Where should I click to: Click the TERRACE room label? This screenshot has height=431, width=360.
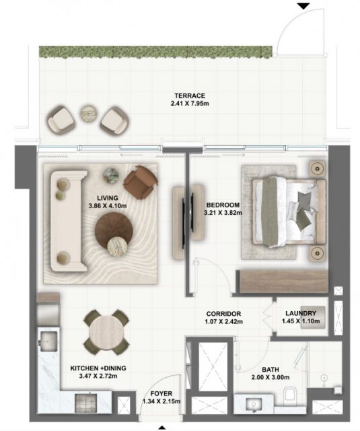pos(190,96)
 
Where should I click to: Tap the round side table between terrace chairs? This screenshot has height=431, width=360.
pos(89,113)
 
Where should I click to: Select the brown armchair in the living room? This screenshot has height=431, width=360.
pos(141,182)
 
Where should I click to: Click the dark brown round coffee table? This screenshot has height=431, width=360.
pos(114,230)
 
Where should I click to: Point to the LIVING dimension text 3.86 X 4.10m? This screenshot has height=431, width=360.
pos(108,205)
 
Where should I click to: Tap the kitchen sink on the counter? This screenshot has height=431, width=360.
pos(49,341)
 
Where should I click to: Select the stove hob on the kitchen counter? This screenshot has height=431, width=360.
pos(86,403)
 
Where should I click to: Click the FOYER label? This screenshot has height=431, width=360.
pos(161,393)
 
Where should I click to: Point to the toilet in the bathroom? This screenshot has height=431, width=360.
pos(290,396)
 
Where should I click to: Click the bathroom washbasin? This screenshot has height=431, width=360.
pos(253,405)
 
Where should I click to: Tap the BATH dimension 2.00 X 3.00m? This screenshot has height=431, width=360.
pos(271,377)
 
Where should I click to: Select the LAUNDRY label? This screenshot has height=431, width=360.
pos(301,313)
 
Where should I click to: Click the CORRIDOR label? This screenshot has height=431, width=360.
pos(223,314)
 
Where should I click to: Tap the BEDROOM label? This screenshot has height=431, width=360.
pos(223,205)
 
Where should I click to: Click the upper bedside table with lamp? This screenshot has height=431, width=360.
pos(318,168)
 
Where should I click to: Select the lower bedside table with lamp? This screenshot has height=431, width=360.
pos(318,253)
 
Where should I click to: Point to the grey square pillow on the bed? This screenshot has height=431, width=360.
pos(305,199)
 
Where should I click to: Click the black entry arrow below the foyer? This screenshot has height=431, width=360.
pos(162,428)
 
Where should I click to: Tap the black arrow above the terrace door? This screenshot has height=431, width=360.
pos(303,6)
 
